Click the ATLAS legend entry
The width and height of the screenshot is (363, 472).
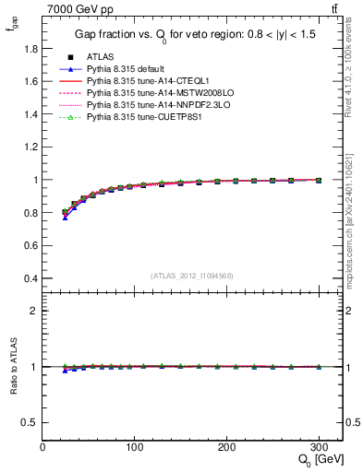coord(99,57)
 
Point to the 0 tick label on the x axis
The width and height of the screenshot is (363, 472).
coord(42,447)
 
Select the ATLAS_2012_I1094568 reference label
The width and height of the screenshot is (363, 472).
coord(192,276)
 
